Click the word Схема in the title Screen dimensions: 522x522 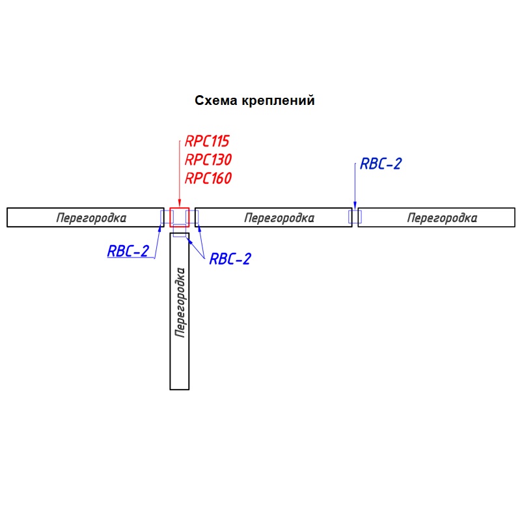pos(216,101)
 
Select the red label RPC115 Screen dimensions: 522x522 pos(208,141)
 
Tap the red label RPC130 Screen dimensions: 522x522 pos(208,160)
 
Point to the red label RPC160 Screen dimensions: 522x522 pos(208,178)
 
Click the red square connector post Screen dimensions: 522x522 pos(179,216)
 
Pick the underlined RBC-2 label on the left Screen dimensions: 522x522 pos(128,251)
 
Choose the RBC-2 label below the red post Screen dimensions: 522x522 pos(230,259)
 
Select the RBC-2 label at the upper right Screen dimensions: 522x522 pos(381,164)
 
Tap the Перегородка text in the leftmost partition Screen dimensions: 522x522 pos(91,218)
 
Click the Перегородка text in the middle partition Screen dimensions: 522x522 pos(279,218)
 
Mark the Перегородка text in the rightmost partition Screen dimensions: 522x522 pos(442,218)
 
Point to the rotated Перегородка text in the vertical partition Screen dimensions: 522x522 pos(180,302)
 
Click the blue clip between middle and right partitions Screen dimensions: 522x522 pos(355,217)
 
